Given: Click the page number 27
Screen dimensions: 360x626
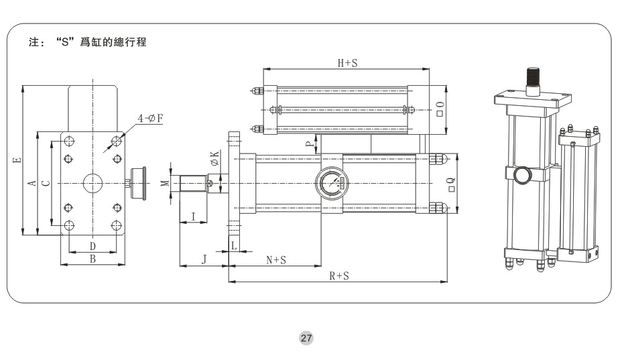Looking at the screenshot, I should tap(306, 339).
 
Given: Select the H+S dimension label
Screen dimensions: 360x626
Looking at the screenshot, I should tap(347, 63).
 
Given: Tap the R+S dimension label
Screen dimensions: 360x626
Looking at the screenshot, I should tap(338, 276).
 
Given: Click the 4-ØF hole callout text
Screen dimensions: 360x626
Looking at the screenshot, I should tap(151, 119).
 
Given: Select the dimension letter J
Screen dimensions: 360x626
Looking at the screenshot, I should tap(204, 259).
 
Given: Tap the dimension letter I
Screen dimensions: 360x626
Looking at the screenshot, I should tap(193, 217).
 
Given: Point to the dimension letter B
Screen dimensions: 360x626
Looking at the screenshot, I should tap(93, 259).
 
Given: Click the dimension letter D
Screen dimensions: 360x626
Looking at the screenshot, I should tap(93, 247).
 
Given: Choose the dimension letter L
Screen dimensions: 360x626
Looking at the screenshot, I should tap(233, 246).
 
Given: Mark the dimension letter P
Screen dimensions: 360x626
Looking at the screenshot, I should tap(309, 143).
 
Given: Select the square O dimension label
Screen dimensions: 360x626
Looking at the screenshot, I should tap(440, 109).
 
